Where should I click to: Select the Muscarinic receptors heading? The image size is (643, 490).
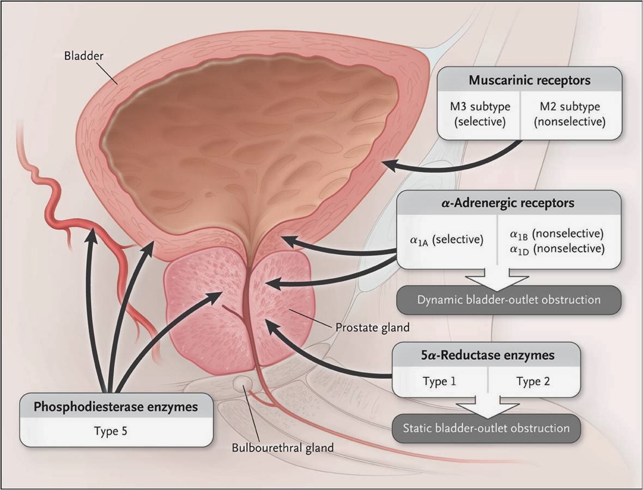click(x=530, y=81)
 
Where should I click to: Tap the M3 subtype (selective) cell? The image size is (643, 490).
click(x=480, y=115)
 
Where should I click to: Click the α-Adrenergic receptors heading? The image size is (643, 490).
click(x=508, y=203)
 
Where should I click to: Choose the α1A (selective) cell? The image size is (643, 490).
click(x=447, y=240)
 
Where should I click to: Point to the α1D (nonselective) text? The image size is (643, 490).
click(x=556, y=249)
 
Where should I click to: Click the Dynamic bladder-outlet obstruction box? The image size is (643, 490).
click(x=508, y=300)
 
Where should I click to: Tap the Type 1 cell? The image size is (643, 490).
click(x=439, y=381)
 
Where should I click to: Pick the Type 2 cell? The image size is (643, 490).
click(x=533, y=381)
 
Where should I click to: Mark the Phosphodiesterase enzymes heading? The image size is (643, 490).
click(x=116, y=407)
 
